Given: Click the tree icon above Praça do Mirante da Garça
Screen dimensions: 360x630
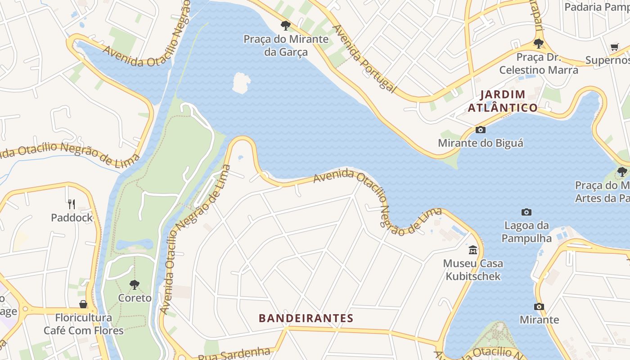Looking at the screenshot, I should point(285,25).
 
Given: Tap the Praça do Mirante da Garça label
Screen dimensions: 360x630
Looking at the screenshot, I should point(286,45).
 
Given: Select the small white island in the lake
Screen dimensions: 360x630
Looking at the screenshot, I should point(241,83).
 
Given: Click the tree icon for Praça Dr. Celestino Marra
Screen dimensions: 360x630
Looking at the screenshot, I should point(538,44).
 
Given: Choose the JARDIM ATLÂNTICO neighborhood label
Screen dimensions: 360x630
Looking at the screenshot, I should point(503,101).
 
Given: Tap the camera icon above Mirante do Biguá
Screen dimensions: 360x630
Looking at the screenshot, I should point(481,130).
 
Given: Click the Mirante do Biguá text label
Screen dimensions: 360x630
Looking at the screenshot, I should point(481,143).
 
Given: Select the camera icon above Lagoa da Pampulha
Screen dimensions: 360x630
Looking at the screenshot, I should point(526,212).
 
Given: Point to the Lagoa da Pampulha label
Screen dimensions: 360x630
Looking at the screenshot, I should point(526,232).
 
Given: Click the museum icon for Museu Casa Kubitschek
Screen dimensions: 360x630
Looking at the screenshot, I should point(473,250).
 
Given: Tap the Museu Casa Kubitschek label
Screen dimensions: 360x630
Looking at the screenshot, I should point(473,270).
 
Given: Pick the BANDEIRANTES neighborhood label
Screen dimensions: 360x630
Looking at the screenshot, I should point(306,319).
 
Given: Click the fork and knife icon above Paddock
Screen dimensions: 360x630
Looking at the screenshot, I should point(72,204).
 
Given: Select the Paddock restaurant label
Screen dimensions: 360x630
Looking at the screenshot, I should point(72,218).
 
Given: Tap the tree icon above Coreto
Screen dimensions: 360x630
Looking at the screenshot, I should point(134,284).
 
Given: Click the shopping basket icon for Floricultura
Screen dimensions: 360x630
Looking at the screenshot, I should point(83,304).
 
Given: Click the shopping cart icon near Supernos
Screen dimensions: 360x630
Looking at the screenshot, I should point(615,47).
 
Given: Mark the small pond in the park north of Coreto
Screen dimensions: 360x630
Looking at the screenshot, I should point(134,244).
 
